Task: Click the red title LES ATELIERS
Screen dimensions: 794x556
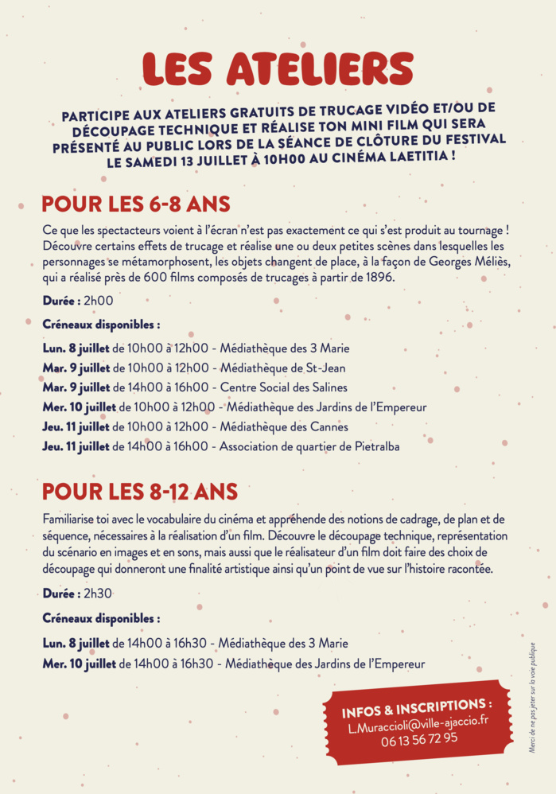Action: point(278,69)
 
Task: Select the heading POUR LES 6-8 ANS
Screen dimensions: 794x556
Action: point(136,204)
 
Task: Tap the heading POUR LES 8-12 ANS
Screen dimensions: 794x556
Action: point(139,492)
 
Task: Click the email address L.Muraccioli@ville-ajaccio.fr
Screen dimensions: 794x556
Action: point(418,724)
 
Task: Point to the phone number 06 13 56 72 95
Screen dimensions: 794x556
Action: point(419,738)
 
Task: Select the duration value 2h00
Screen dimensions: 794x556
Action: point(99,301)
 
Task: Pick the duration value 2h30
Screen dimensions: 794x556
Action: point(98,594)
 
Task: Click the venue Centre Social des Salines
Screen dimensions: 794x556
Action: point(283,387)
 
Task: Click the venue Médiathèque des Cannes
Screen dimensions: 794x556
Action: point(284,426)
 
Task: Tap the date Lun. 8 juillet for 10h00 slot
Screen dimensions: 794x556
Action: point(76,348)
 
